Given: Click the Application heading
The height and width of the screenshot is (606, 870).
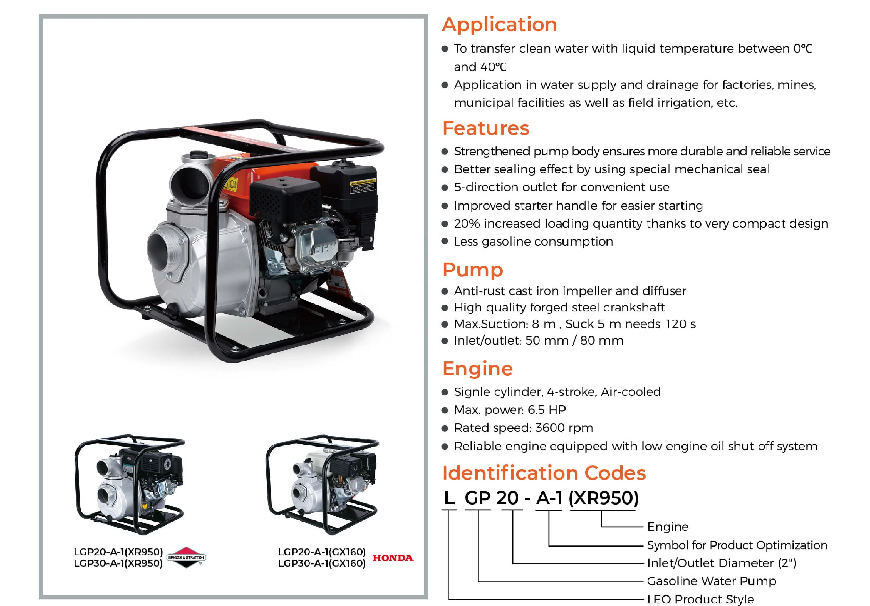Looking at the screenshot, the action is pyautogui.click(x=499, y=25).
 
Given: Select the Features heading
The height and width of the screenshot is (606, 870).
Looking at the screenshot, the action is pyautogui.click(x=485, y=128).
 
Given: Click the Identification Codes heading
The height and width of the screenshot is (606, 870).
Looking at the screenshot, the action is pyautogui.click(x=544, y=473).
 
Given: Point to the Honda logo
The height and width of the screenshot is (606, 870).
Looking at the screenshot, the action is pyautogui.click(x=393, y=558).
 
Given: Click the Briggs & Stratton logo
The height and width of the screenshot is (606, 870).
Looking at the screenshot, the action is pyautogui.click(x=186, y=558).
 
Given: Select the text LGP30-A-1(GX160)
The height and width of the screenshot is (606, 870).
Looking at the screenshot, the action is pyautogui.click(x=322, y=563).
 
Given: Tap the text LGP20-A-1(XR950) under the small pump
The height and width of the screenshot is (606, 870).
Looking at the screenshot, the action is pyautogui.click(x=118, y=552).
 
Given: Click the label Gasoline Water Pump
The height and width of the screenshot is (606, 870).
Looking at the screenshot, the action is pyautogui.click(x=712, y=581).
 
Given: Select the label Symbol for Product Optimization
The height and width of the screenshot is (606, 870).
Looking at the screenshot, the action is pyautogui.click(x=737, y=545).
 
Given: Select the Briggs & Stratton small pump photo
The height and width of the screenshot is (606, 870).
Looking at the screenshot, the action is pyautogui.click(x=130, y=484).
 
